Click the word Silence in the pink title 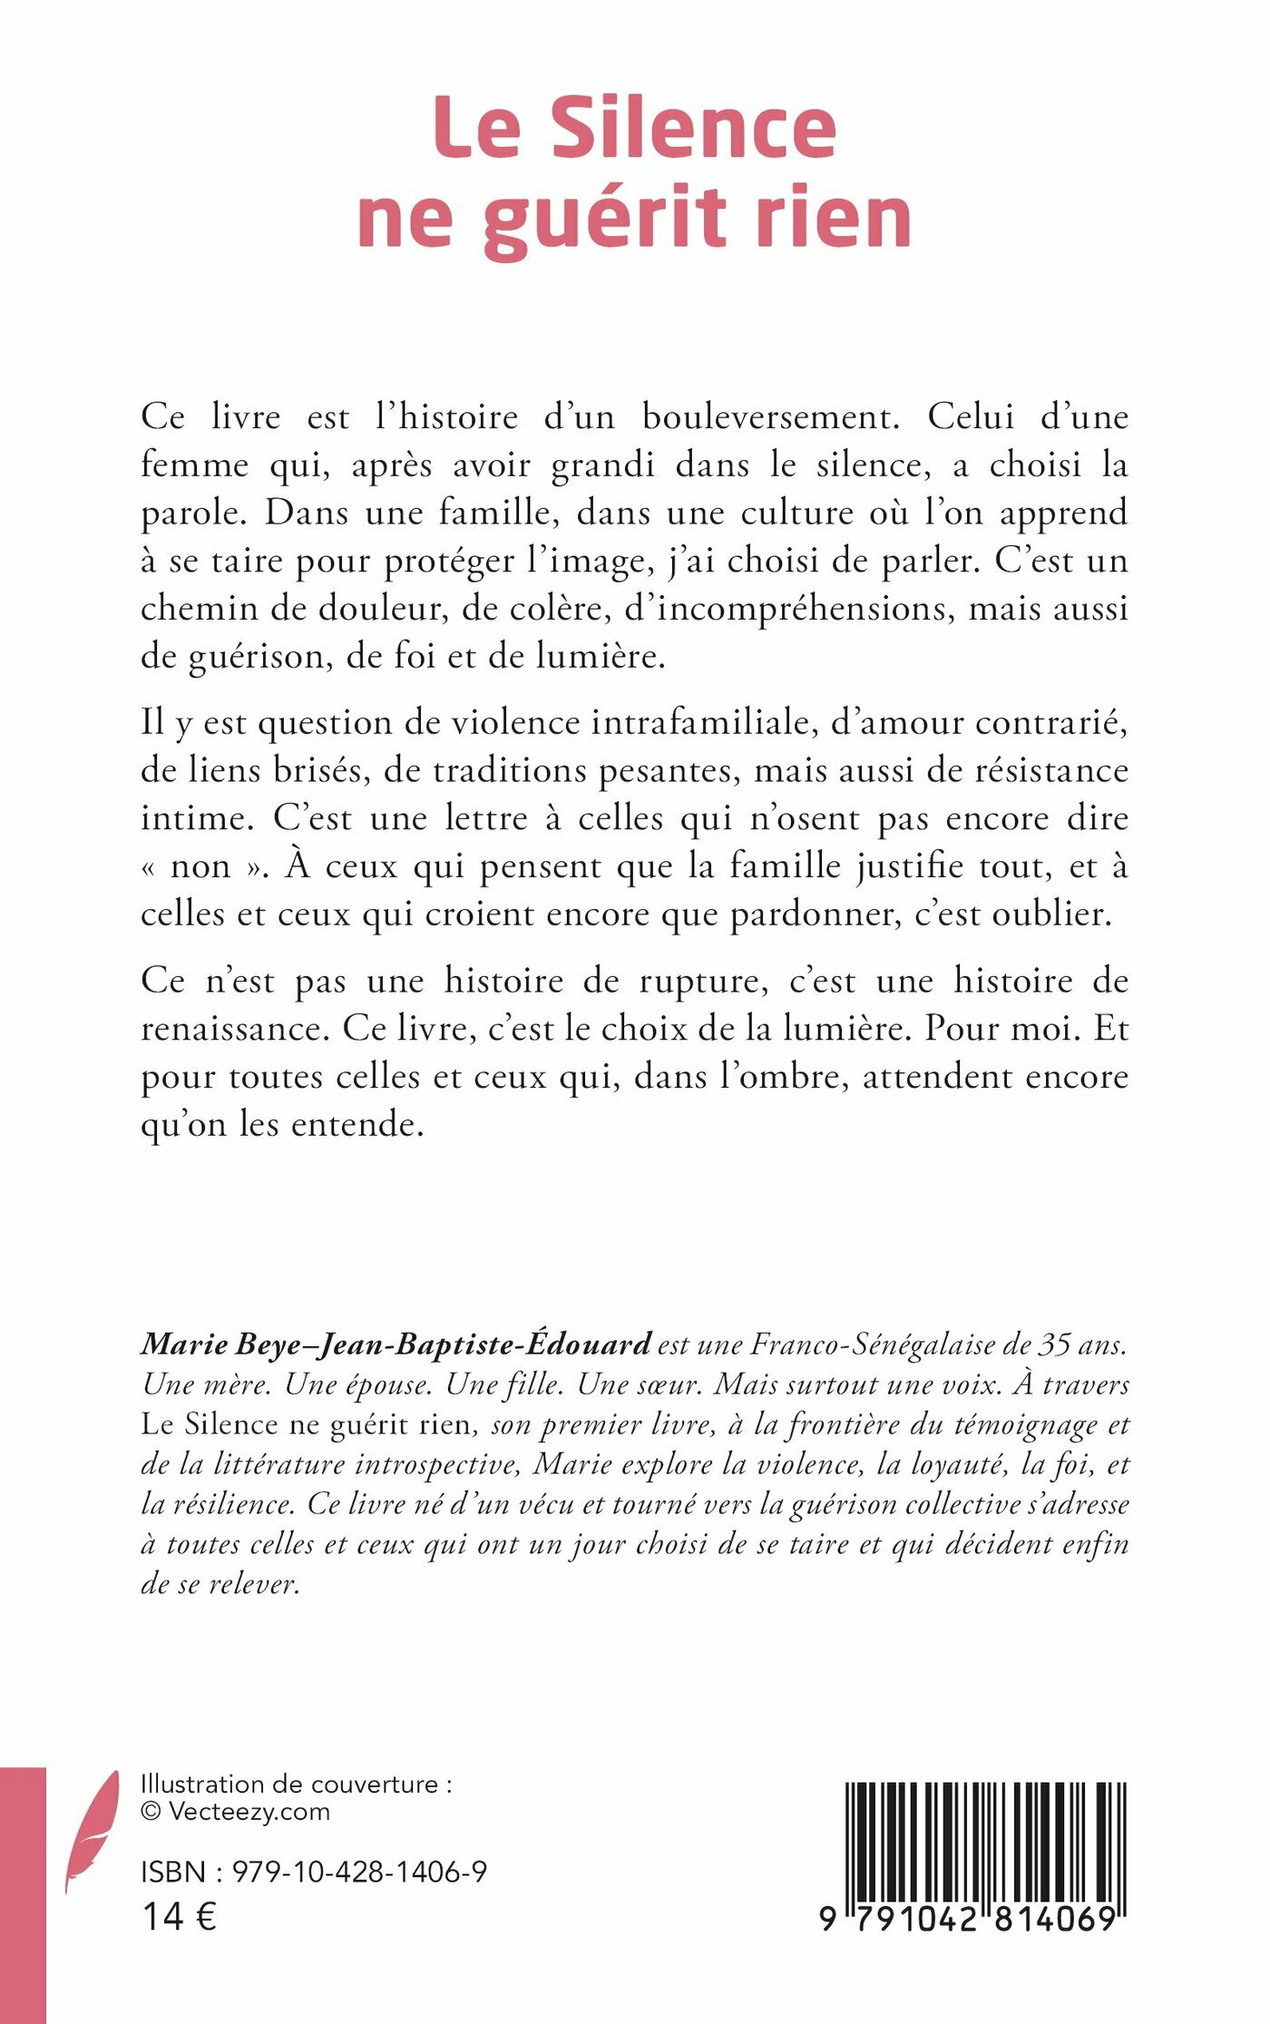click(x=694, y=129)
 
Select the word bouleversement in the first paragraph click(x=770, y=417)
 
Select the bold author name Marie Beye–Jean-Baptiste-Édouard click(x=396, y=1344)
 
